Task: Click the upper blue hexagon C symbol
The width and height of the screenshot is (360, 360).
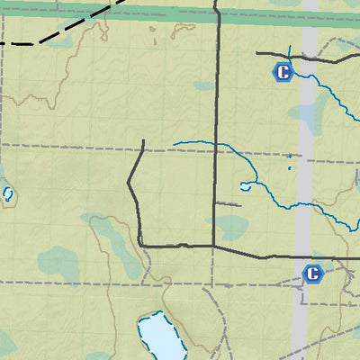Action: pos(284,73)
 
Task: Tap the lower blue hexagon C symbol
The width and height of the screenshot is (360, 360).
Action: pos(312,273)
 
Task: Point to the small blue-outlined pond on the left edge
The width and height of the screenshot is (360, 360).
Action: pos(8,193)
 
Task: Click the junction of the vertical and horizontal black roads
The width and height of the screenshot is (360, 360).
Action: pos(213,245)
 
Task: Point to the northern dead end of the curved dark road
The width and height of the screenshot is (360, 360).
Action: pos(144,140)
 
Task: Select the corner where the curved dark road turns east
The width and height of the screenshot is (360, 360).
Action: pos(141,244)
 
